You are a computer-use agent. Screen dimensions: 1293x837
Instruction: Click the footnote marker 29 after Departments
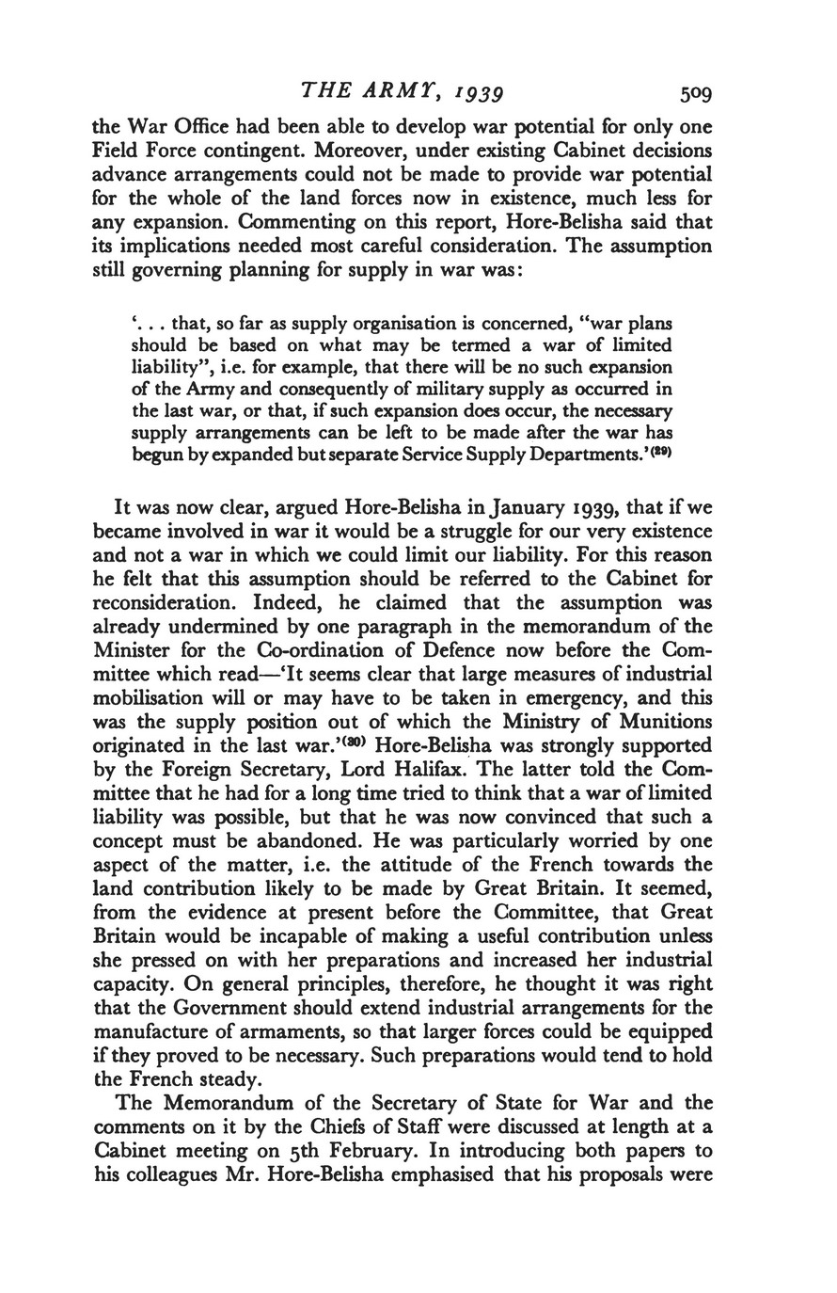click(661, 453)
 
